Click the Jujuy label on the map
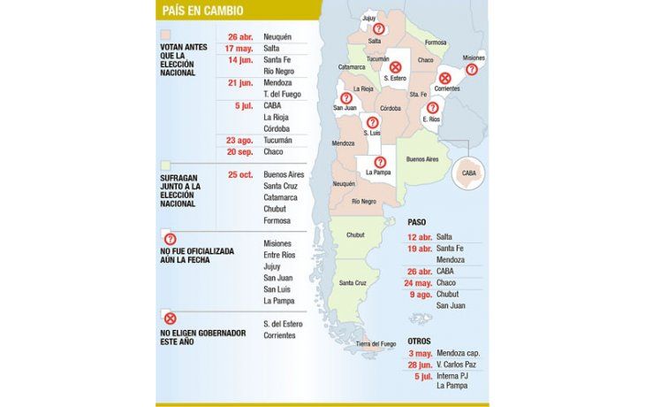[369, 17]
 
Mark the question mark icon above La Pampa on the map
[378, 161]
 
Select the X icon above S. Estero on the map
[396, 66]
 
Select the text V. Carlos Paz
[457, 365]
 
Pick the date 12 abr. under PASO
[420, 237]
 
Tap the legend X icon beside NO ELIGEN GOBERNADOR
[171, 319]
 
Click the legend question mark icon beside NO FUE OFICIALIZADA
[171, 239]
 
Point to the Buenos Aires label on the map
[422, 158]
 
